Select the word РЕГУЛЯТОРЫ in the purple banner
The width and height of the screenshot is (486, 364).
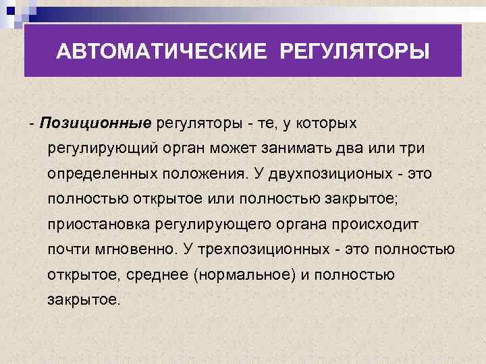click(x=353, y=52)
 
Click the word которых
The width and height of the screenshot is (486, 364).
click(x=327, y=123)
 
